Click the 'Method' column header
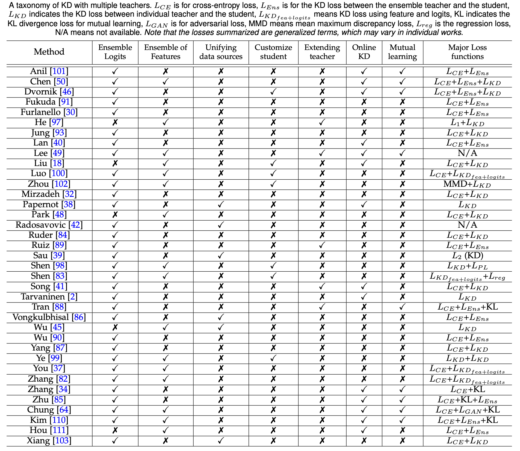point(49,52)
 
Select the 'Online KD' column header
point(364,52)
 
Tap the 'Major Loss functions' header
point(467,52)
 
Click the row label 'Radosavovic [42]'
point(49,225)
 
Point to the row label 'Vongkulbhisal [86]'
point(49,317)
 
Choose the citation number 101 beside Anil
point(59,71)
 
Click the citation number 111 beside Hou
point(59,430)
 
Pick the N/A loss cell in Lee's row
point(467,153)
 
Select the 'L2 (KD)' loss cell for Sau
point(467,256)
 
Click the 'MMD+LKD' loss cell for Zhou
point(467,184)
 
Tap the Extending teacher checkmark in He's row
point(322,122)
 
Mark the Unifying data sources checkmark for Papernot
point(221,204)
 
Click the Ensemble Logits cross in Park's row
point(115,215)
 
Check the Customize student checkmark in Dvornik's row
point(273,92)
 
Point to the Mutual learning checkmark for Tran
point(402,307)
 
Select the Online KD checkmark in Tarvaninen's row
point(364,297)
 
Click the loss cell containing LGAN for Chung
point(467,410)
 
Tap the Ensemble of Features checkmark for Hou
point(166,430)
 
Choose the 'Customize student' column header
point(273,52)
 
